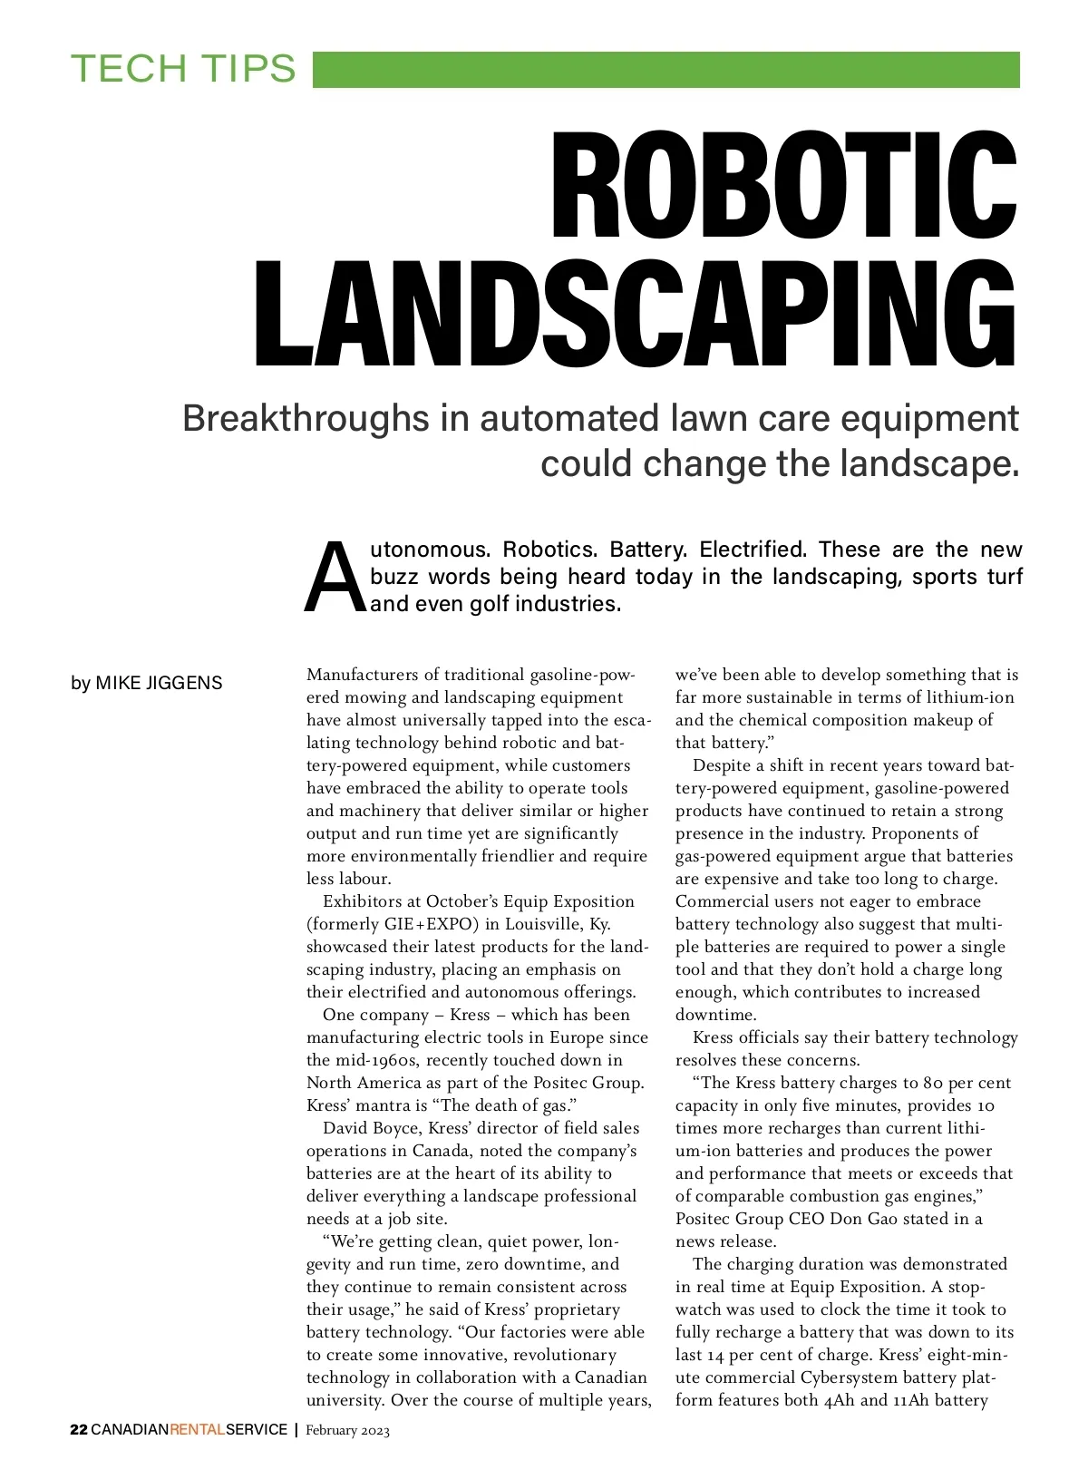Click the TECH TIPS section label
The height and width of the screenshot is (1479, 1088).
click(x=183, y=69)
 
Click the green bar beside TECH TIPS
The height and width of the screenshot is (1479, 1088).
click(x=665, y=70)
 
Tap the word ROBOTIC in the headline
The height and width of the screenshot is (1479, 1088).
click(x=784, y=185)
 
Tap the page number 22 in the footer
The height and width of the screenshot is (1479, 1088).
click(x=79, y=1430)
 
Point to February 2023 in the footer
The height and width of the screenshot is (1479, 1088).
click(x=347, y=1431)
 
